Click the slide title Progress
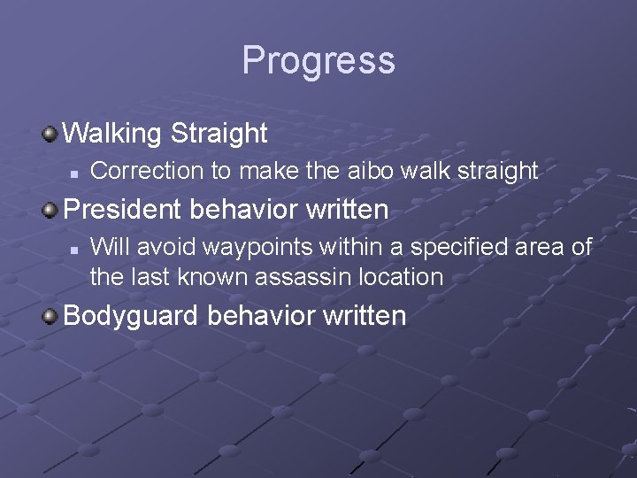pos(318,61)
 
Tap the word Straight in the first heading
pos(219,134)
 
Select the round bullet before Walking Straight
pos(51,135)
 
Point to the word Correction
pos(147,171)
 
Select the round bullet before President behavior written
pos(51,211)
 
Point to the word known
pos(215,277)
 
